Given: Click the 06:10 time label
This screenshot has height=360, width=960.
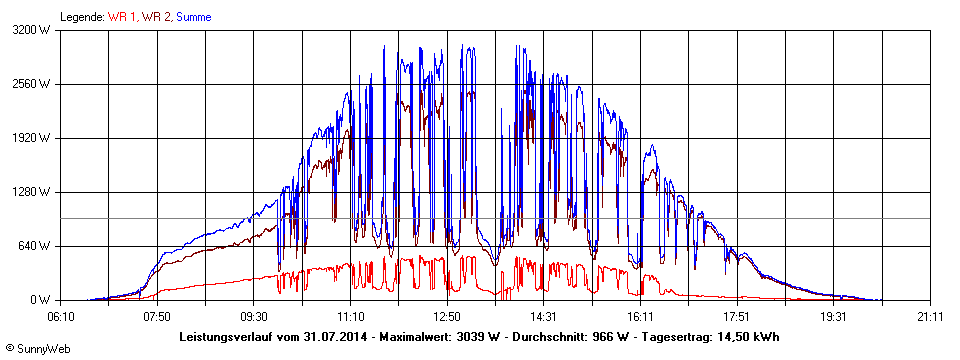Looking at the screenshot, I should coord(61,315).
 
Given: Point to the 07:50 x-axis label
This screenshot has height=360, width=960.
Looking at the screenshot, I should coord(157,315).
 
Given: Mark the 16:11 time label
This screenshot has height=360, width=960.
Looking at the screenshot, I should coord(641,315).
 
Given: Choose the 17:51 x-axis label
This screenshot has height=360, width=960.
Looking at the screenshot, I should coord(737,315).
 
